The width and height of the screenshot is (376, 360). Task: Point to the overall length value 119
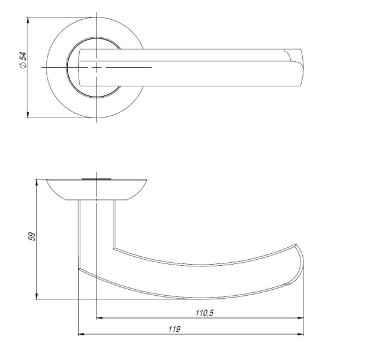coord(175,329)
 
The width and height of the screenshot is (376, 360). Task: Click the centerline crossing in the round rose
coord(97,68)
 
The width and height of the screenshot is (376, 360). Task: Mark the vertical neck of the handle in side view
coord(96,228)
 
